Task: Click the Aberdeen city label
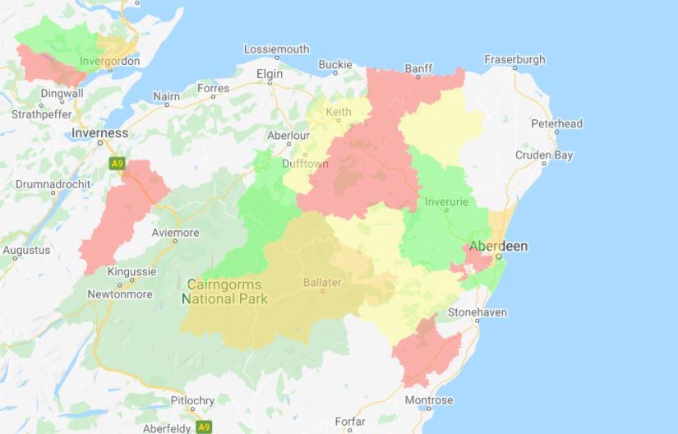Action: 498,247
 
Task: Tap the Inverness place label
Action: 100,133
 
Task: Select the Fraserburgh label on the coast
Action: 514,60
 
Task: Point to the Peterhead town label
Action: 556,124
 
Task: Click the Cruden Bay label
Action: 544,155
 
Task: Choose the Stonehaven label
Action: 477,313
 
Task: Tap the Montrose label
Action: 428,401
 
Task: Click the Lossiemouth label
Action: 277,49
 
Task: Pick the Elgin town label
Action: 270,74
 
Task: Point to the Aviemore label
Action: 176,233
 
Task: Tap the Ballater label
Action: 322,283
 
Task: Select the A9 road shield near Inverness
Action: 117,164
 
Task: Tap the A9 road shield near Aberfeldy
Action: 204,427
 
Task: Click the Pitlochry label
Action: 191,400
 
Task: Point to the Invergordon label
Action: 110,62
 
